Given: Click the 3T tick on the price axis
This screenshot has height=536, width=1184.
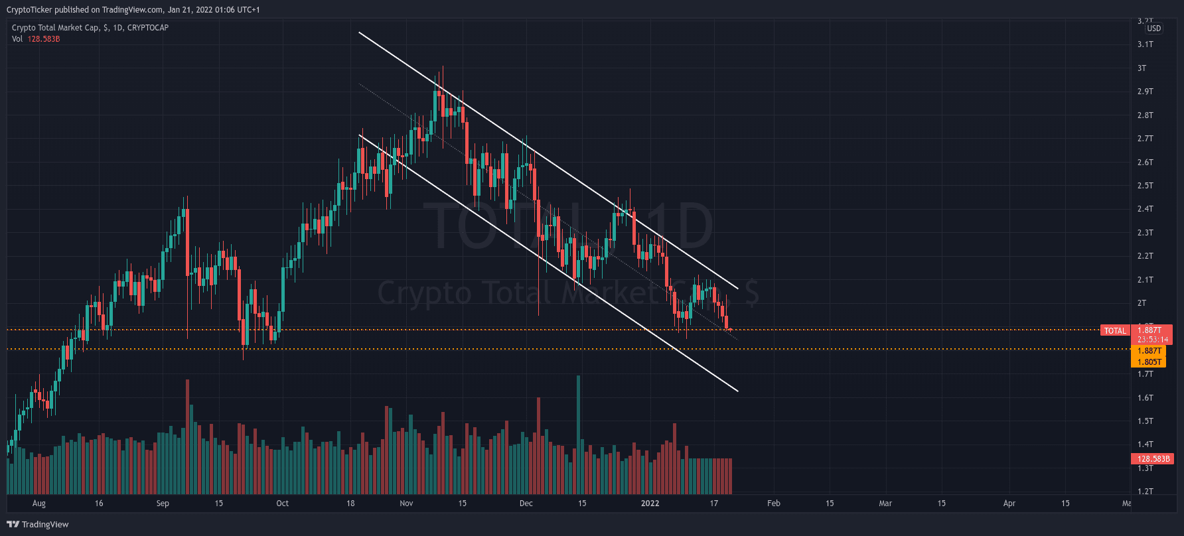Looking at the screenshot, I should (1142, 68).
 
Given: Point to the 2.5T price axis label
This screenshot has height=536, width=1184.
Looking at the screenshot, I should (1145, 186).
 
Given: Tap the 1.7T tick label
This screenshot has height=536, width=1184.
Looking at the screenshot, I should (1145, 374).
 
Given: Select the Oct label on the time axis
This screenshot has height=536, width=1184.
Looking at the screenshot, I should (282, 503).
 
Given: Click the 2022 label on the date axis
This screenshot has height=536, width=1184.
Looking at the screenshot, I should (650, 503).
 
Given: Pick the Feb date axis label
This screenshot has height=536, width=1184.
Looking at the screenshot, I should (773, 503).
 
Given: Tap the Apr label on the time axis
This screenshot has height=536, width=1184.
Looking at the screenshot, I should (1009, 503).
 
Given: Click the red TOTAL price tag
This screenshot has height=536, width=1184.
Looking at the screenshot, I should (1115, 330).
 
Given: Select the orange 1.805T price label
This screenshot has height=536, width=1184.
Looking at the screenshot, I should (1149, 362).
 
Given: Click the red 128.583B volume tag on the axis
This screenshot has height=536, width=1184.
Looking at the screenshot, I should (1153, 459).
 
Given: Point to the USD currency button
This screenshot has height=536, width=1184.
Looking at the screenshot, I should (1154, 29).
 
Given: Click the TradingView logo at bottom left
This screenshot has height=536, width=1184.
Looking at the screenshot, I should (38, 524).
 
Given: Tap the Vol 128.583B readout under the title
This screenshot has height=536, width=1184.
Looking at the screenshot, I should (36, 39).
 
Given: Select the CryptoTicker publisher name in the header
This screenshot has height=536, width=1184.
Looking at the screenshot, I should (29, 10).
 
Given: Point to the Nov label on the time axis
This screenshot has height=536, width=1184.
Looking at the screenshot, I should (406, 503).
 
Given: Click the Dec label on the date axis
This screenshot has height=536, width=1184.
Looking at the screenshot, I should (526, 503).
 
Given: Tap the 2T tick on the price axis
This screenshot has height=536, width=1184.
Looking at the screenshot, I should (1142, 303).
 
